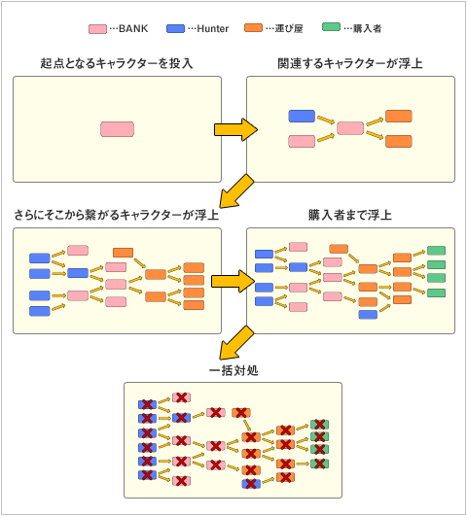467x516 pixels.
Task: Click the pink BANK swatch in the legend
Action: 97,29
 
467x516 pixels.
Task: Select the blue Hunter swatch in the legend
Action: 175,28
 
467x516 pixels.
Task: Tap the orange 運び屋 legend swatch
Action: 253,28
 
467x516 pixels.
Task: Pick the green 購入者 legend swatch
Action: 331,27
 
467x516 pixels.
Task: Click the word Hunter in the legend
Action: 212,29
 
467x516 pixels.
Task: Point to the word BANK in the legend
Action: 133,28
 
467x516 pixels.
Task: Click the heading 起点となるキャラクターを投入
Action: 117,63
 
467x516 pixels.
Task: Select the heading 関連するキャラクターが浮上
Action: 350,63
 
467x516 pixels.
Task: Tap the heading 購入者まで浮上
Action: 350,215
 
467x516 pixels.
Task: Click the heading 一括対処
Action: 233,370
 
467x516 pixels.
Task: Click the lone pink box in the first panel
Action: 118,129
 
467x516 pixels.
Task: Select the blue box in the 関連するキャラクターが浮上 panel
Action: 302,117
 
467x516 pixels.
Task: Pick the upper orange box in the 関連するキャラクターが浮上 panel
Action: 399,117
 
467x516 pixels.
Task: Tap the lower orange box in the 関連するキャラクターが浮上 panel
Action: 399,141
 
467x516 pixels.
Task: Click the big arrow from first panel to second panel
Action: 235,129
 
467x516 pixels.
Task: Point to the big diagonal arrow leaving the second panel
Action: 236,191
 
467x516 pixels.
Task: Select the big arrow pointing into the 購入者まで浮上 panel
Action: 233,281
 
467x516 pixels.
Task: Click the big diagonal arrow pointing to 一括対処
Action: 236,343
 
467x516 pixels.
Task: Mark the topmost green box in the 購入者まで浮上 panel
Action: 436,251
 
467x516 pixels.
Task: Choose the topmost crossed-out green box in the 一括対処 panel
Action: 319,425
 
